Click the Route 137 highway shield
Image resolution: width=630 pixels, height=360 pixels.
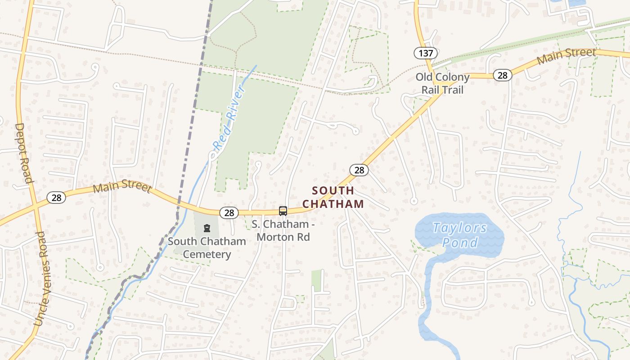[x=426, y=54]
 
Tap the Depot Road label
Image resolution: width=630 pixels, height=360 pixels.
[x=24, y=153]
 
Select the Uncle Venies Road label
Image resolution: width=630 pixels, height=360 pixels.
[x=40, y=279]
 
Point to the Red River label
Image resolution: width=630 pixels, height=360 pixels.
[x=230, y=118]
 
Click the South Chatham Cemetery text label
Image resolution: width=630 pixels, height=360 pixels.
[x=207, y=247]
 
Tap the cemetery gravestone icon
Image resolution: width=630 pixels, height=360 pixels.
[x=207, y=228]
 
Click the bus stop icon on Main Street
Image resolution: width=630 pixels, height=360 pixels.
[x=283, y=211]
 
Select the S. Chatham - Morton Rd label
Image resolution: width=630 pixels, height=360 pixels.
[x=281, y=230]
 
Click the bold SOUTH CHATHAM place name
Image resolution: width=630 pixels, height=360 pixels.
[x=333, y=197]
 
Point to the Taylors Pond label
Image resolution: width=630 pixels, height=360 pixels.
[x=459, y=235]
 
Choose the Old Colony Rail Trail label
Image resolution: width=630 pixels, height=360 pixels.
[x=442, y=83]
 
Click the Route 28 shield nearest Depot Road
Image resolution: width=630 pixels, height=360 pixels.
[x=56, y=197]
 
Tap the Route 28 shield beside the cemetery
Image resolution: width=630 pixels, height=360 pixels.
[x=229, y=212]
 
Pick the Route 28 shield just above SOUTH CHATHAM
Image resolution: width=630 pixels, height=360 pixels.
[x=359, y=170]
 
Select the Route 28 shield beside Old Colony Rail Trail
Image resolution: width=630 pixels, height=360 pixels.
[x=502, y=75]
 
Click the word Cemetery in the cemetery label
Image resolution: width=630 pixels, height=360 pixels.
[x=207, y=254]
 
